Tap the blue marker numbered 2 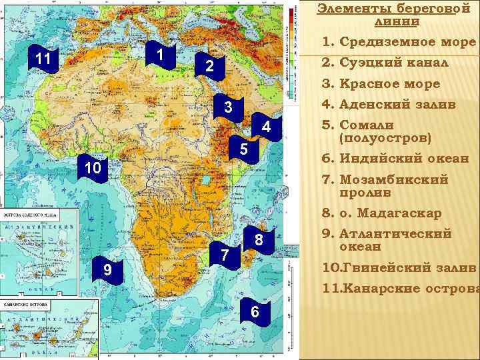pos(209,67)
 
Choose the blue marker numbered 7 pos(226,255)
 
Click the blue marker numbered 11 pos(43,60)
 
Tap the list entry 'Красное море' pos(389,84)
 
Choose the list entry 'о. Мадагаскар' pos(390,213)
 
